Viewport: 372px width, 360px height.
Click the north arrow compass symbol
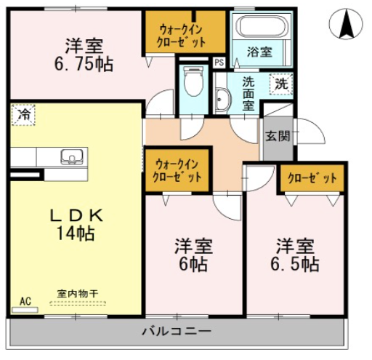tap(346, 24)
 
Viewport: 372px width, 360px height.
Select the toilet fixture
tap(193, 81)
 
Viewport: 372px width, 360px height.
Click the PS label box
tap(219, 63)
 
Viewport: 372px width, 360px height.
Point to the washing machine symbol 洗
tap(281, 84)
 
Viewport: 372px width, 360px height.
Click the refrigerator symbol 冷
tap(23, 115)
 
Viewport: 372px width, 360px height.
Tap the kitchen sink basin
tap(72, 156)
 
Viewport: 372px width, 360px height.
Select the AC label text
tap(25, 301)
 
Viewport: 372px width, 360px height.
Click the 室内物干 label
tap(78, 294)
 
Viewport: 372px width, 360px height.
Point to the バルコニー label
tap(177, 331)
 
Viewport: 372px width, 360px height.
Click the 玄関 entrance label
tap(278, 136)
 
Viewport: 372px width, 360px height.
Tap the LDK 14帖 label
tap(76, 225)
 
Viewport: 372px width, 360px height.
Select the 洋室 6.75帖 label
tap(84, 55)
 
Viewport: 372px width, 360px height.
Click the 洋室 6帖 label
tap(193, 255)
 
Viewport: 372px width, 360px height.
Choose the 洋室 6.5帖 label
tap(295, 255)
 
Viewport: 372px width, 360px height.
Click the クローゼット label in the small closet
tap(312, 178)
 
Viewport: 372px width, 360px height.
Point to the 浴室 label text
tap(259, 52)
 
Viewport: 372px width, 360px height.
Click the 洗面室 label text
tap(248, 94)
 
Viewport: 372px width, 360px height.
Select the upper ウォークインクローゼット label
tap(181, 37)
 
